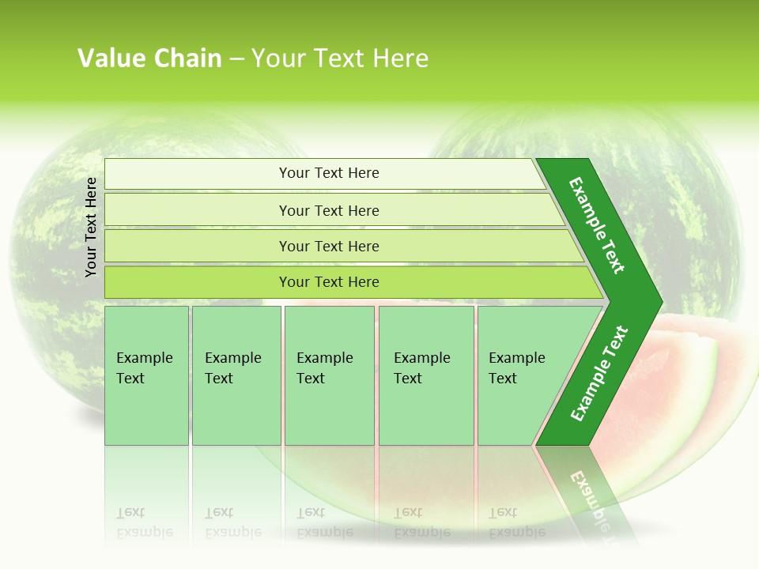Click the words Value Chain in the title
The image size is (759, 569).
(149, 58)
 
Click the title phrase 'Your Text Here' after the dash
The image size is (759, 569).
(340, 58)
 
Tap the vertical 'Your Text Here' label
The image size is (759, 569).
(91, 227)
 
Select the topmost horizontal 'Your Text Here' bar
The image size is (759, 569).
(328, 173)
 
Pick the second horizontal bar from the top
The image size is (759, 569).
(328, 210)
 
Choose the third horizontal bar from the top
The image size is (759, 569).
(328, 246)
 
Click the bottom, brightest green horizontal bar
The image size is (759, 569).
(328, 282)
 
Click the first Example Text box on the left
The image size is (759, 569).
(146, 375)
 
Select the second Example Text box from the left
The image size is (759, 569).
(236, 375)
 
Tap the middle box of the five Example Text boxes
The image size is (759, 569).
(329, 375)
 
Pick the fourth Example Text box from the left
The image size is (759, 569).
(426, 375)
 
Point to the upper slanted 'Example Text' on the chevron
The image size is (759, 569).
(597, 225)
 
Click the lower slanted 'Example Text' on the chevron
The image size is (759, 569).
(599, 374)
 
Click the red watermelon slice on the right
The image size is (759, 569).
(696, 371)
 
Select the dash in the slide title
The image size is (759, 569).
(236, 59)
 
